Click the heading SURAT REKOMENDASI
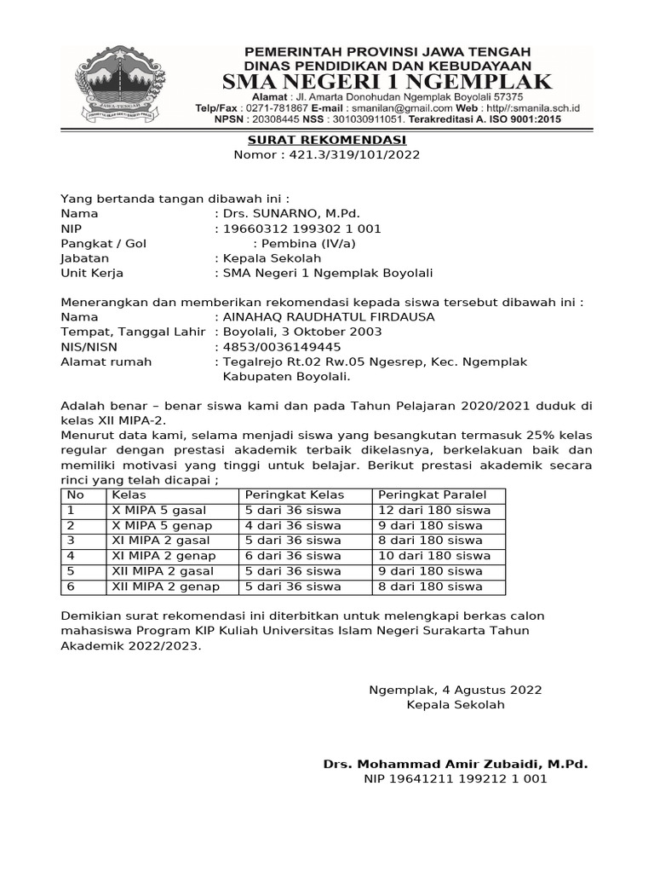(326, 140)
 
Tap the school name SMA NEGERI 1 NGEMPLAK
(387, 82)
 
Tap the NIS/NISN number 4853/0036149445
(282, 347)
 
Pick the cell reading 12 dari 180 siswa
(434, 511)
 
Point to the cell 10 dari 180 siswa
(434, 556)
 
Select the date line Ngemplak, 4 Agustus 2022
(455, 690)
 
